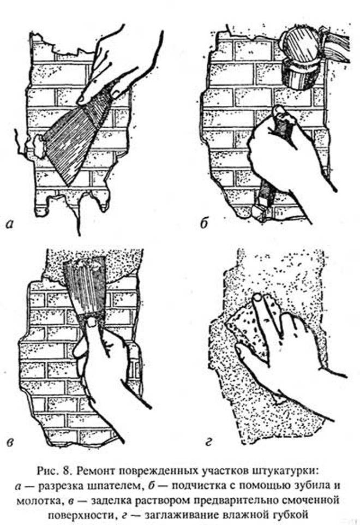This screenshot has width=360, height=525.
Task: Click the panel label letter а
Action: coord(10,223)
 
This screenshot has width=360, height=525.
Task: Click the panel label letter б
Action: coord(204,223)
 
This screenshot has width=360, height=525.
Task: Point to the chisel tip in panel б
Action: coord(259,212)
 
